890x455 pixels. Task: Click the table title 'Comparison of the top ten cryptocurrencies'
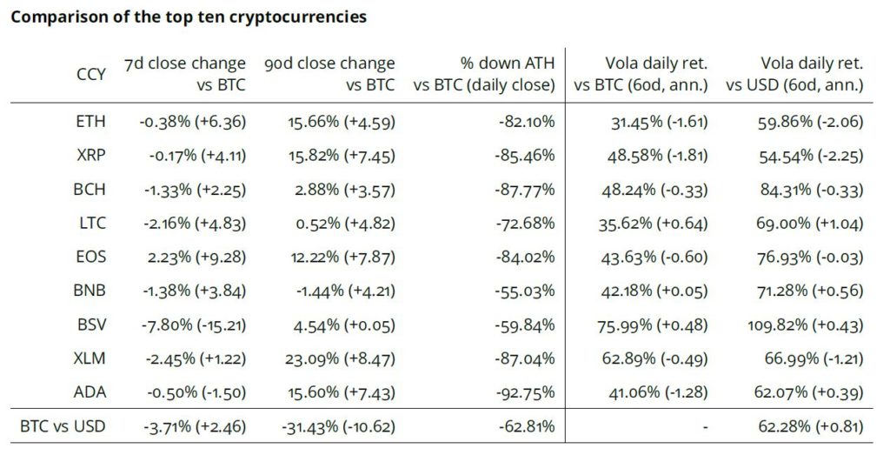click(188, 17)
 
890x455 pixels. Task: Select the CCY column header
click(91, 74)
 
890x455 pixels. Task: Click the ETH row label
click(91, 122)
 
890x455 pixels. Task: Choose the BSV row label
click(91, 325)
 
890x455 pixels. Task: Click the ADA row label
click(91, 391)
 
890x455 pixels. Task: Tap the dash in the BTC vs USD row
click(705, 427)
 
